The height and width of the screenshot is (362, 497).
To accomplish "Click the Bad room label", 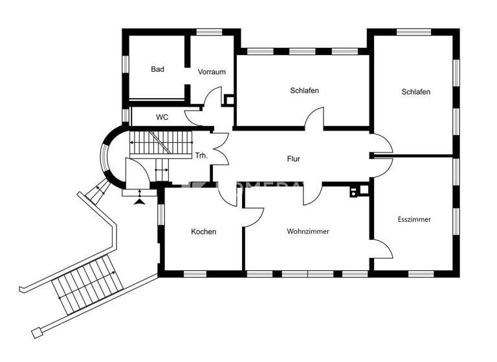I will [157, 69].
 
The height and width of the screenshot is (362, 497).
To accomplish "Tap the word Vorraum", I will [212, 72].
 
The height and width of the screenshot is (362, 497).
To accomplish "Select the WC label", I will [162, 118].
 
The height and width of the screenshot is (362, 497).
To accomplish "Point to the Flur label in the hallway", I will [294, 158].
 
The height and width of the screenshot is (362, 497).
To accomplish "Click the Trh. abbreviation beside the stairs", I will [201, 156].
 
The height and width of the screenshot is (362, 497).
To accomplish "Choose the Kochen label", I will [203, 231].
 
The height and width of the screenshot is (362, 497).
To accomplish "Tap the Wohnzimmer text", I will [308, 231].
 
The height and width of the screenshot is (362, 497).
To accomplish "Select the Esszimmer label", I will [414, 219].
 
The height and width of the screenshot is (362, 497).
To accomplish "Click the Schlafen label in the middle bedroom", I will [304, 90].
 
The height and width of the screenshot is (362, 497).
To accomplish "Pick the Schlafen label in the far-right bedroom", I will [415, 92].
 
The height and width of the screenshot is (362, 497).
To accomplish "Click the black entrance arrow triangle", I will [140, 202].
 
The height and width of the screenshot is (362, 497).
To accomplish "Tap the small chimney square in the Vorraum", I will [228, 100].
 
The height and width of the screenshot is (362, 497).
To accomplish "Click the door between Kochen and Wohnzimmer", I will [253, 217].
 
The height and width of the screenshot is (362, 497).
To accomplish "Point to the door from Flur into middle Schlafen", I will [315, 118].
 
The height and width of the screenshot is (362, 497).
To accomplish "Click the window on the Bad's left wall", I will [126, 65].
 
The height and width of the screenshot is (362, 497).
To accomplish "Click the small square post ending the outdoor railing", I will [36, 333].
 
